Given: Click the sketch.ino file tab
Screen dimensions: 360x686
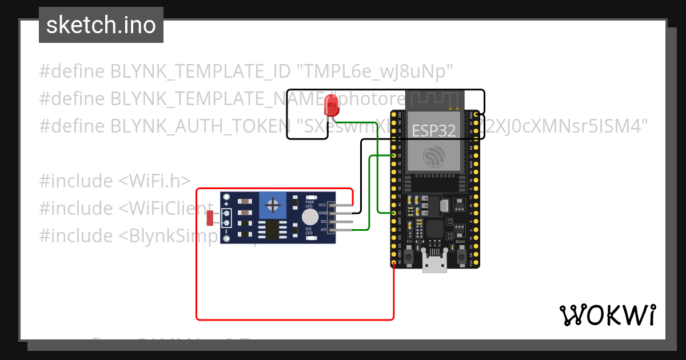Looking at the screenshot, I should pyautogui.click(x=101, y=25).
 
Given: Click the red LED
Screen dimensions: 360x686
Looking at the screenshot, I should pyautogui.click(x=330, y=106).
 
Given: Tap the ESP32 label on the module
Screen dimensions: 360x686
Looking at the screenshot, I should pyautogui.click(x=434, y=131).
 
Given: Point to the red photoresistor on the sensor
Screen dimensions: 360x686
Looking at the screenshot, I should pyautogui.click(x=210, y=218).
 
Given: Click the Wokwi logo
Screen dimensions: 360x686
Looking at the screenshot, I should pyautogui.click(x=607, y=315).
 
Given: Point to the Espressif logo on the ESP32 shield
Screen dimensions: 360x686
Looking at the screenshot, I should pyautogui.click(x=434, y=156).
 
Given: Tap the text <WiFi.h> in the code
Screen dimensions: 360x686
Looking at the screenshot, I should pyautogui.click(x=154, y=181).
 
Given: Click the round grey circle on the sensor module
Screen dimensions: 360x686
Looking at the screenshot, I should pyautogui.click(x=310, y=217).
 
